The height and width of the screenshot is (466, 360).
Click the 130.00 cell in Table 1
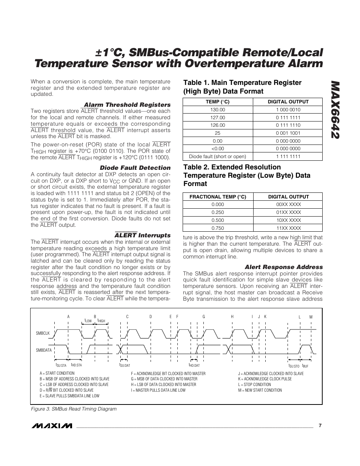pos(218,110)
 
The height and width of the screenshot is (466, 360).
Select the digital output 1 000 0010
pos(288,110)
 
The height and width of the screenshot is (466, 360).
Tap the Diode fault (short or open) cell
pos(218,157)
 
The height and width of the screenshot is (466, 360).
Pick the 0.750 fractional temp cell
pos(218,228)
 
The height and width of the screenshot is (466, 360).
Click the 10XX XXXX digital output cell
pos(288,220)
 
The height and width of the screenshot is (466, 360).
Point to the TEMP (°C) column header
pos(218,102)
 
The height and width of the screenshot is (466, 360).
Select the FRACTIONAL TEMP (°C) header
pos(218,197)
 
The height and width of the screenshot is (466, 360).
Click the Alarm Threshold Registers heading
pos(127,105)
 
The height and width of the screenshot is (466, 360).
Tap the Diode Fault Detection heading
pos(135,168)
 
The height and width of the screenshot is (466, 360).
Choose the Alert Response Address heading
pos(284,267)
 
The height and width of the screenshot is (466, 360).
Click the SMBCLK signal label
pos(43,333)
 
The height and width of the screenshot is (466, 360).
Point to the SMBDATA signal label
pos(44,350)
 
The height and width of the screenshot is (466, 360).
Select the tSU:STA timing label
pos(61,365)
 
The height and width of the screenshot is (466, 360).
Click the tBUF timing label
pos(305,366)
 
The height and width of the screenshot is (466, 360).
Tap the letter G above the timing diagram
pos(203,317)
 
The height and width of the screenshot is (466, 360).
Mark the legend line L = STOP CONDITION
pos(254,384)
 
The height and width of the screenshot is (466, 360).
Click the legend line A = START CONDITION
pos(57,373)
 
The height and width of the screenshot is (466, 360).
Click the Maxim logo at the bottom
pos(52,426)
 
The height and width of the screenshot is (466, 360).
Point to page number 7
pos(320,425)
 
